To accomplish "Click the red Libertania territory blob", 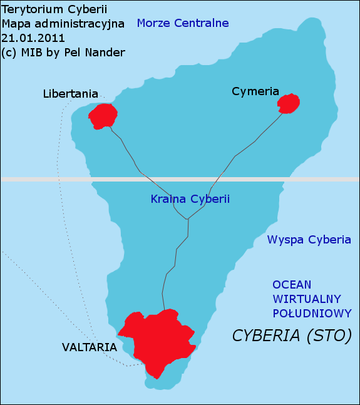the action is tap(103, 116).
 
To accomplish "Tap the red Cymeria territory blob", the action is tap(289, 103).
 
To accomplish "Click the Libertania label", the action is tap(70, 94).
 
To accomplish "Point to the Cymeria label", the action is tap(255, 91).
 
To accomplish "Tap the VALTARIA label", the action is tap(89, 347).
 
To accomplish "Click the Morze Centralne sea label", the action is tap(182, 24).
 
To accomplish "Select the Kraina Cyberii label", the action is tap(190, 199).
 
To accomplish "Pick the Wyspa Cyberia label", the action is tap(309, 240).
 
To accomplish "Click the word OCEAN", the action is tap(292, 284).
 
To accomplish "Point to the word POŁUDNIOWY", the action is tap(312, 313).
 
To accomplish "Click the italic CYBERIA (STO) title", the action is tap(292, 336).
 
